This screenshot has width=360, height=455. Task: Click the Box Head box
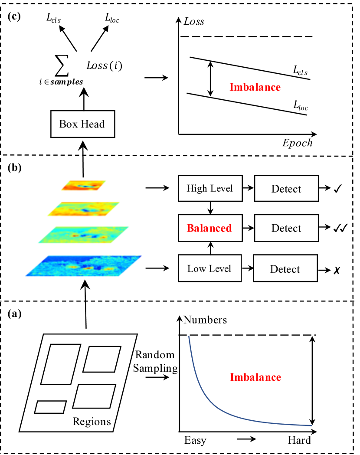82,124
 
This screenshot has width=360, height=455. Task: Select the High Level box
209,189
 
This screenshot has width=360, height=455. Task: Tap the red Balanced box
209,229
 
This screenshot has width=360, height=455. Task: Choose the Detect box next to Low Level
285,269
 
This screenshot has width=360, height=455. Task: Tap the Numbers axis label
205,321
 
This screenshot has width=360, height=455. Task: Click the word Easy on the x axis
195,441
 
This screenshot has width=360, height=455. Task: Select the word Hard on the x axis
299,441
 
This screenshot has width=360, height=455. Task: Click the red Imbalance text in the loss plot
255,87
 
